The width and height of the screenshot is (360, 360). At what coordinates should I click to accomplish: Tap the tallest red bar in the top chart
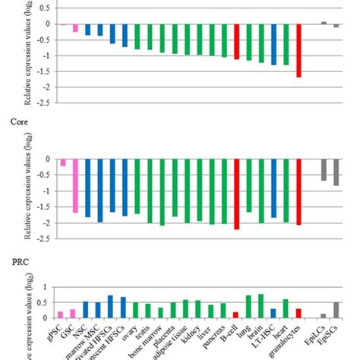(x=299, y=50)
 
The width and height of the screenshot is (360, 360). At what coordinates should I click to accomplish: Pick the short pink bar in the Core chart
(x=62, y=162)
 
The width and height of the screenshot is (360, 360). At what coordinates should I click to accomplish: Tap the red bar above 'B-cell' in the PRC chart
(x=236, y=314)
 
